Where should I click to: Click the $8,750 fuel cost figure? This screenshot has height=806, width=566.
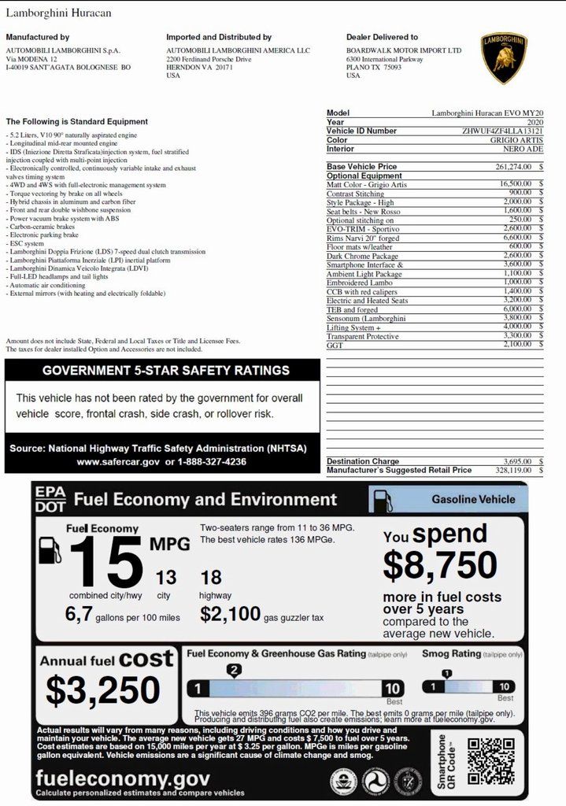[440, 566]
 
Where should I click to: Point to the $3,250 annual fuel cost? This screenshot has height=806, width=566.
[102, 690]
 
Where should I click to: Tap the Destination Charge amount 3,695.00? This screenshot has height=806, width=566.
[518, 461]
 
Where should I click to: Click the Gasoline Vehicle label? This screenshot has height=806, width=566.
[473, 499]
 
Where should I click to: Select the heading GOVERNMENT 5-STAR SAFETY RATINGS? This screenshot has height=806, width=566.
[165, 371]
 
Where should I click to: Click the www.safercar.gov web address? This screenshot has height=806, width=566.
[118, 462]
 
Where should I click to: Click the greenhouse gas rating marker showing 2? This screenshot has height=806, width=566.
[233, 671]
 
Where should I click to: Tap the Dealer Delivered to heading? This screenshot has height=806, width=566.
[382, 37]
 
